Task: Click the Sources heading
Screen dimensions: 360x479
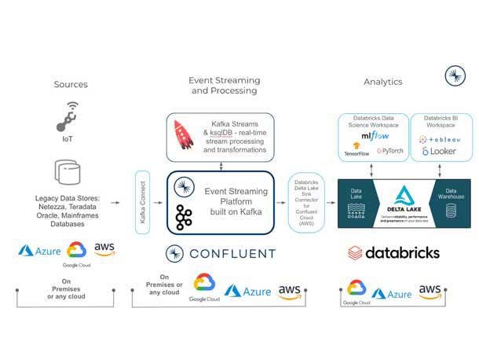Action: [71, 84]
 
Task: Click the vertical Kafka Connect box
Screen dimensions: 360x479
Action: [143, 202]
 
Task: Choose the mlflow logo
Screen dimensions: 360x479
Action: [372, 137]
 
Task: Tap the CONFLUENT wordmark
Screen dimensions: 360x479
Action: [221, 253]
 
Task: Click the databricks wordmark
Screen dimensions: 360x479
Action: [394, 253]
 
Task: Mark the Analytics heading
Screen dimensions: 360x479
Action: [382, 82]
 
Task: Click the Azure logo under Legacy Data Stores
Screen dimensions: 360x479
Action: [38, 250]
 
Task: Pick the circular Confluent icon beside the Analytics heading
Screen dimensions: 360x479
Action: [454, 76]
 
